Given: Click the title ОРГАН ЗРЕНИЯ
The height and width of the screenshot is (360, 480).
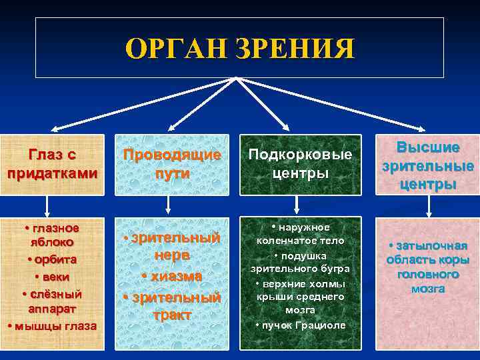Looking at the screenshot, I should coord(239,50).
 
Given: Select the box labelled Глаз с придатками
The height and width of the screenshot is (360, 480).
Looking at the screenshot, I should coord(53,164).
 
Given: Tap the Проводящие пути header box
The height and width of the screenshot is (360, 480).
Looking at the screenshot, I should coord(173,164).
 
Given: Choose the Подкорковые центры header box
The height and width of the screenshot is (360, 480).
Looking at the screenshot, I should coord(300,164).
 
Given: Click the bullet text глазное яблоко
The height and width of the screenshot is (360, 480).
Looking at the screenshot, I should coord(53,235).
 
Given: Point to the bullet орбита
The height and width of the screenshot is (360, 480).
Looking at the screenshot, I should coord(53,259).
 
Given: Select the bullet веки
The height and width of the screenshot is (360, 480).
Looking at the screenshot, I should coord(53,276).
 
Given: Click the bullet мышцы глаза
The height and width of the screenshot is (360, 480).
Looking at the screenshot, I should coord(53,326).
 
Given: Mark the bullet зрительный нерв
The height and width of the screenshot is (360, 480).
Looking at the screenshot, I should coord(173,246).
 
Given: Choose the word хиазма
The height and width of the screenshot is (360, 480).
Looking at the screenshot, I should coord(173,275).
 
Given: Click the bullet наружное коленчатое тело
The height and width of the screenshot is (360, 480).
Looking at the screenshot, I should coord(300,233).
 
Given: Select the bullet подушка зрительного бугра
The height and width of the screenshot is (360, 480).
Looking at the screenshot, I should coord(300,262).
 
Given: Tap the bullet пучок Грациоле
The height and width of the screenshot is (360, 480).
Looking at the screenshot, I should coord(300,325).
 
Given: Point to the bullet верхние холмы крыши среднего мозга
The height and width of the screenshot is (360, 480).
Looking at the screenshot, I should coord(300,297).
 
